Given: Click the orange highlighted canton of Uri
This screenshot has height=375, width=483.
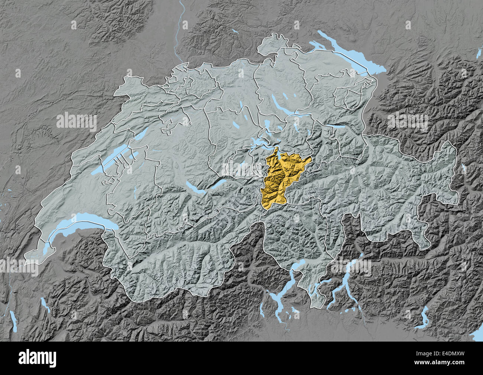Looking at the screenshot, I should coord(277,178).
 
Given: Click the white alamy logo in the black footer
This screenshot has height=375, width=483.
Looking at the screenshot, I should coord(38,358).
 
